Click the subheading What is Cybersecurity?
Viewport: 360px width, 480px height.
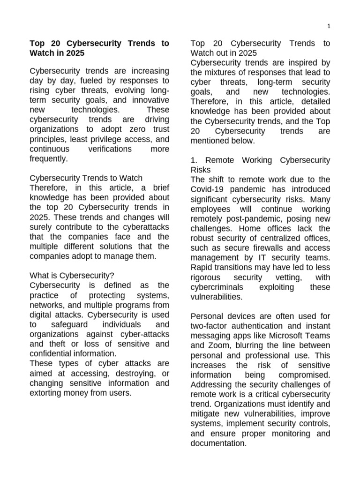[72, 276]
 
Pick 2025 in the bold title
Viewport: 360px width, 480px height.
[75, 53]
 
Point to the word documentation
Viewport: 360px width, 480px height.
[218, 443]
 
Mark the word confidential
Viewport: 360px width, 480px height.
[51, 354]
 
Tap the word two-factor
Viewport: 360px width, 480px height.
[210, 326]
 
